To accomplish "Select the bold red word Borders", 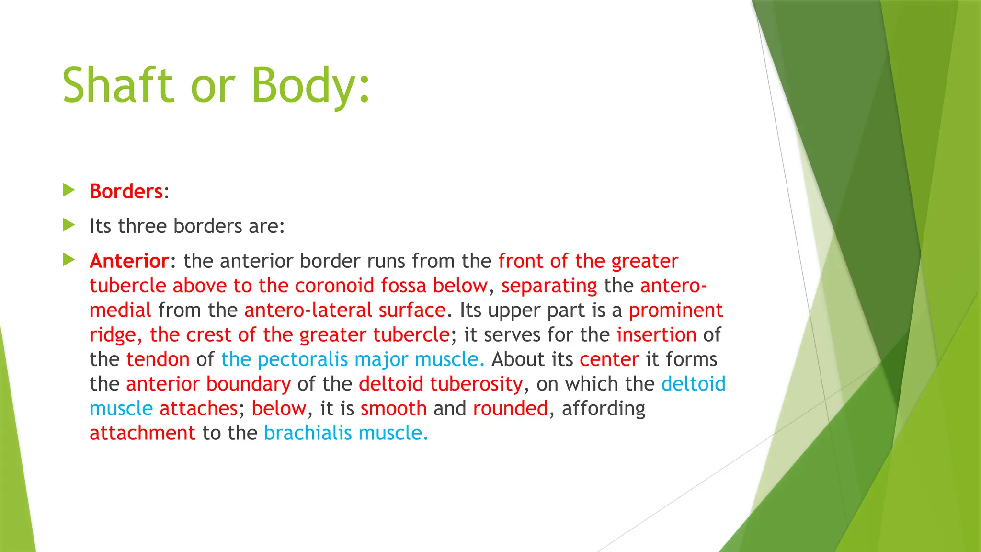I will pos(126,191).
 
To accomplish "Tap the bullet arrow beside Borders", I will pos(69,190).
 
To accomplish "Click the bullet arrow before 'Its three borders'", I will pos(69,225).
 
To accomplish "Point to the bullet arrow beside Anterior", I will pos(69,260).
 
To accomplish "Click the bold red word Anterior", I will pos(129,261).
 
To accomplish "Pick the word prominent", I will pos(675,310).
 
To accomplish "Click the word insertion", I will pos(656,334).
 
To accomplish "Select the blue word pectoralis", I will pos(303,359).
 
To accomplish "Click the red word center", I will pos(609,359).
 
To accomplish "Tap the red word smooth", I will pos(393,408).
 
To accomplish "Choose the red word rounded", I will pos(510,408).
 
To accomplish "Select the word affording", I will pos(603,409).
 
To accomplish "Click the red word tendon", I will pos(158,359).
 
